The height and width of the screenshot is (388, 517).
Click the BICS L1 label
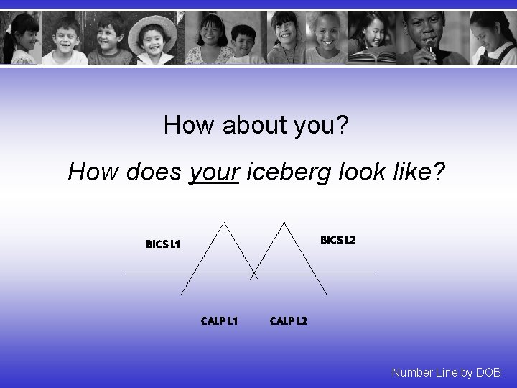(163, 244)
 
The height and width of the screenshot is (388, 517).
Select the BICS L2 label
(337, 239)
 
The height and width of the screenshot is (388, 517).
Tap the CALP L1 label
(220, 320)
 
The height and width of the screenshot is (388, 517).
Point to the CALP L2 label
(289, 320)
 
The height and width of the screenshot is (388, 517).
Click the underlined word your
(213, 172)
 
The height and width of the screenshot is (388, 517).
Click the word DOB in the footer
(488, 372)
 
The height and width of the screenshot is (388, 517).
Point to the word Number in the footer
(412, 372)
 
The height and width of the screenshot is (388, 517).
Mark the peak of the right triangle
(285, 222)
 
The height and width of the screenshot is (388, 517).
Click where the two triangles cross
(253, 275)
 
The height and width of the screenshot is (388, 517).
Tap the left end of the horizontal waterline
(126, 274)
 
